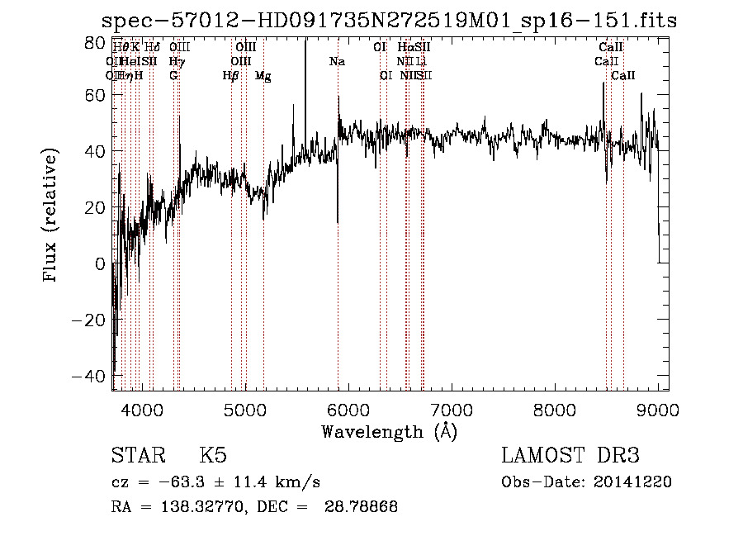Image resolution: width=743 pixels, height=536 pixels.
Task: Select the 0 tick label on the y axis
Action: pyautogui.click(x=101, y=264)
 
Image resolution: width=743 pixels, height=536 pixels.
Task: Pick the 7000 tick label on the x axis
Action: pyautogui.click(x=451, y=410)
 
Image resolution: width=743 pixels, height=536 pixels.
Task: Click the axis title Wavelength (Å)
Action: pyautogui.click(x=389, y=431)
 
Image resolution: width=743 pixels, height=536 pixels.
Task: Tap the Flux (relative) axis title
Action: pyautogui.click(x=51, y=215)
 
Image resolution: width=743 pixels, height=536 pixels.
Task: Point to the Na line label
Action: pyautogui.click(x=337, y=61)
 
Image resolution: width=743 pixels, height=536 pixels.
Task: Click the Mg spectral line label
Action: pyautogui.click(x=263, y=76)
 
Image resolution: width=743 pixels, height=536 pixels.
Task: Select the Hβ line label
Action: pyautogui.click(x=230, y=76)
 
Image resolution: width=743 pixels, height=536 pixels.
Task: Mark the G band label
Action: pyautogui.click(x=173, y=76)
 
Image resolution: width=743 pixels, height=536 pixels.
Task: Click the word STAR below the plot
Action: pyautogui.click(x=136, y=456)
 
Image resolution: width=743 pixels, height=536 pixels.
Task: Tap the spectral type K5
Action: pyautogui.click(x=213, y=456)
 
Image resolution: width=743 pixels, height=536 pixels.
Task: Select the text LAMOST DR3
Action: pyautogui.click(x=570, y=456)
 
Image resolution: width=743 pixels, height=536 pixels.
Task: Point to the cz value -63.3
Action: pyautogui.click(x=173, y=482)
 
